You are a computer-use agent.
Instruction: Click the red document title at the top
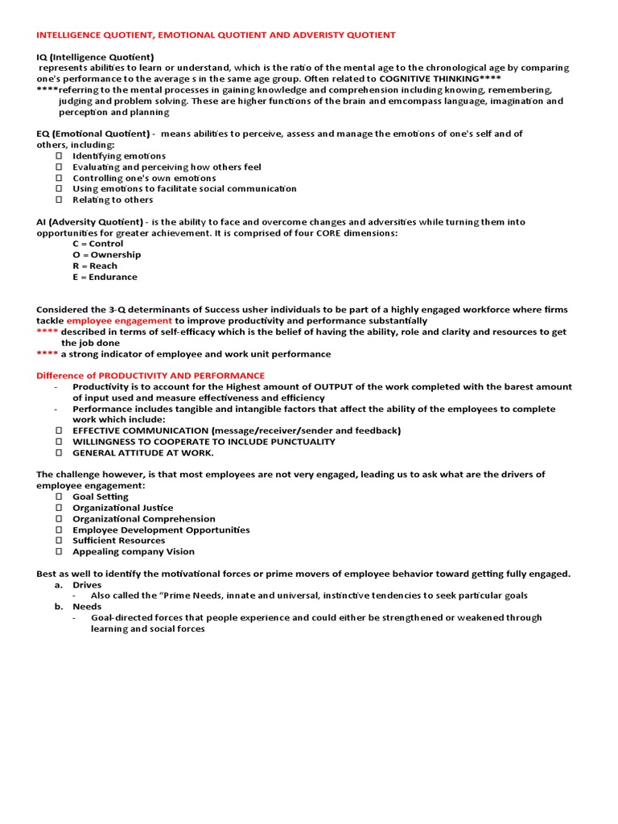(216, 35)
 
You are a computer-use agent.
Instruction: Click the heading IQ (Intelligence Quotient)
(95, 57)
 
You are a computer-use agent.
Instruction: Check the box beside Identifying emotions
(59, 156)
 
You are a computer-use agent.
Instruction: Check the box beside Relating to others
(59, 200)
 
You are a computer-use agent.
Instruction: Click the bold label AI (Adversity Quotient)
(90, 222)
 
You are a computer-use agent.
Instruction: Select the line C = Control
(97, 244)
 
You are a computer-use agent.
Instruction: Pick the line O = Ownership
(106, 255)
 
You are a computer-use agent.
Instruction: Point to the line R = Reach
(94, 266)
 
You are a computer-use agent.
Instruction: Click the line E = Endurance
(105, 278)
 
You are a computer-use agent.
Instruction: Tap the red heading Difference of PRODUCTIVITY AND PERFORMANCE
(150, 376)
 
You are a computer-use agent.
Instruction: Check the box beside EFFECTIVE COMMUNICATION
(59, 431)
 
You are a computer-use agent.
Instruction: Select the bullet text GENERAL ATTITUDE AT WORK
(142, 453)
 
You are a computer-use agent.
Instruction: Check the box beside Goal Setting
(59, 497)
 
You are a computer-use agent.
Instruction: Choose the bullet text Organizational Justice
(122, 509)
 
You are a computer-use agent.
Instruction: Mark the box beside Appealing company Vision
(59, 552)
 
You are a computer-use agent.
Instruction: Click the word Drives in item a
(87, 585)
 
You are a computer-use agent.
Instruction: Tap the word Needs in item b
(87, 607)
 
